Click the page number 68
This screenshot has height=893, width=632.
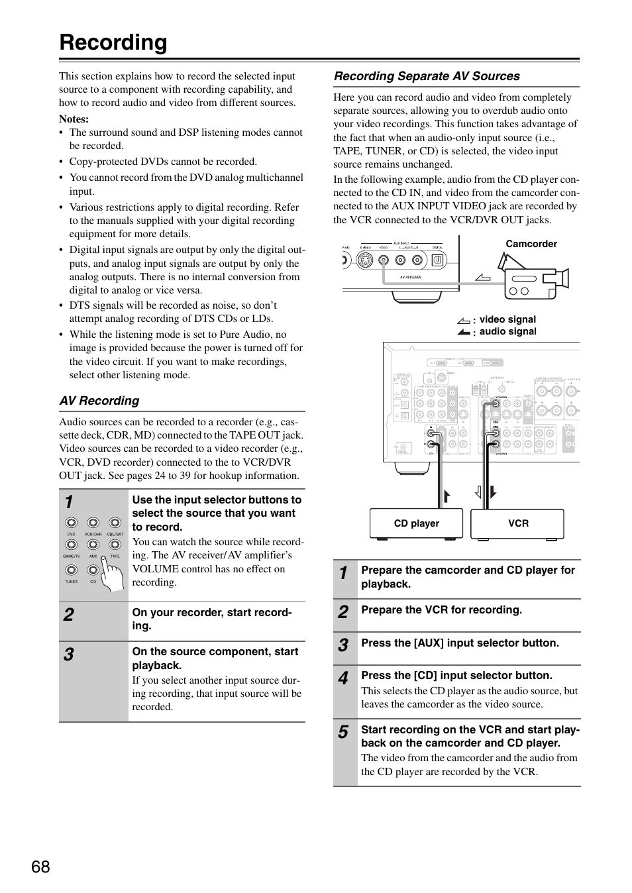pos(40,866)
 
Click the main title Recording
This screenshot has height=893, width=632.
pos(113,42)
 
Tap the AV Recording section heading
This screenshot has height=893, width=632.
pos(99,401)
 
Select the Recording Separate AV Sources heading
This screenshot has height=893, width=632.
pos(427,76)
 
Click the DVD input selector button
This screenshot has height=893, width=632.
pos(71,523)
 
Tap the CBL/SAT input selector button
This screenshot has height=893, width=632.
pos(115,523)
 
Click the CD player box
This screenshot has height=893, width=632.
pos(416,523)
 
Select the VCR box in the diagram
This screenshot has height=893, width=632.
pos(517,523)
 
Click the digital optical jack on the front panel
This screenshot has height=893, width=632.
pos(437,260)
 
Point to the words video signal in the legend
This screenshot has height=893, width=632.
pos(507,319)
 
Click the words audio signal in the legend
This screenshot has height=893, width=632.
pos(507,331)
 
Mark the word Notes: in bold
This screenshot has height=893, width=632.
pos(74,119)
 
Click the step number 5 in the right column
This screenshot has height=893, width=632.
pos(342,732)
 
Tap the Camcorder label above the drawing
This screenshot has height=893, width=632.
pos(531,244)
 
